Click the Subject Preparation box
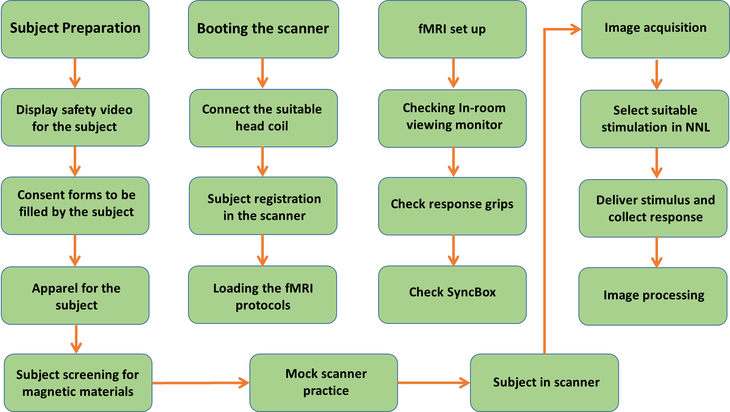(75, 29)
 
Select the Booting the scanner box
(263, 29)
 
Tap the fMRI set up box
(452, 29)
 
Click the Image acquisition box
(655, 28)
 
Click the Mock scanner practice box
(325, 382)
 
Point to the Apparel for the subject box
(75, 296)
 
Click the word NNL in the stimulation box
(697, 127)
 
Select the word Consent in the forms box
(36, 195)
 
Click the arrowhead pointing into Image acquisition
(576, 29)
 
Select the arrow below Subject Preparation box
(75, 73)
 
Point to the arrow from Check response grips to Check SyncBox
(453, 250)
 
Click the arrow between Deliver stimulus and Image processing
(656, 252)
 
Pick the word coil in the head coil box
(278, 126)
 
